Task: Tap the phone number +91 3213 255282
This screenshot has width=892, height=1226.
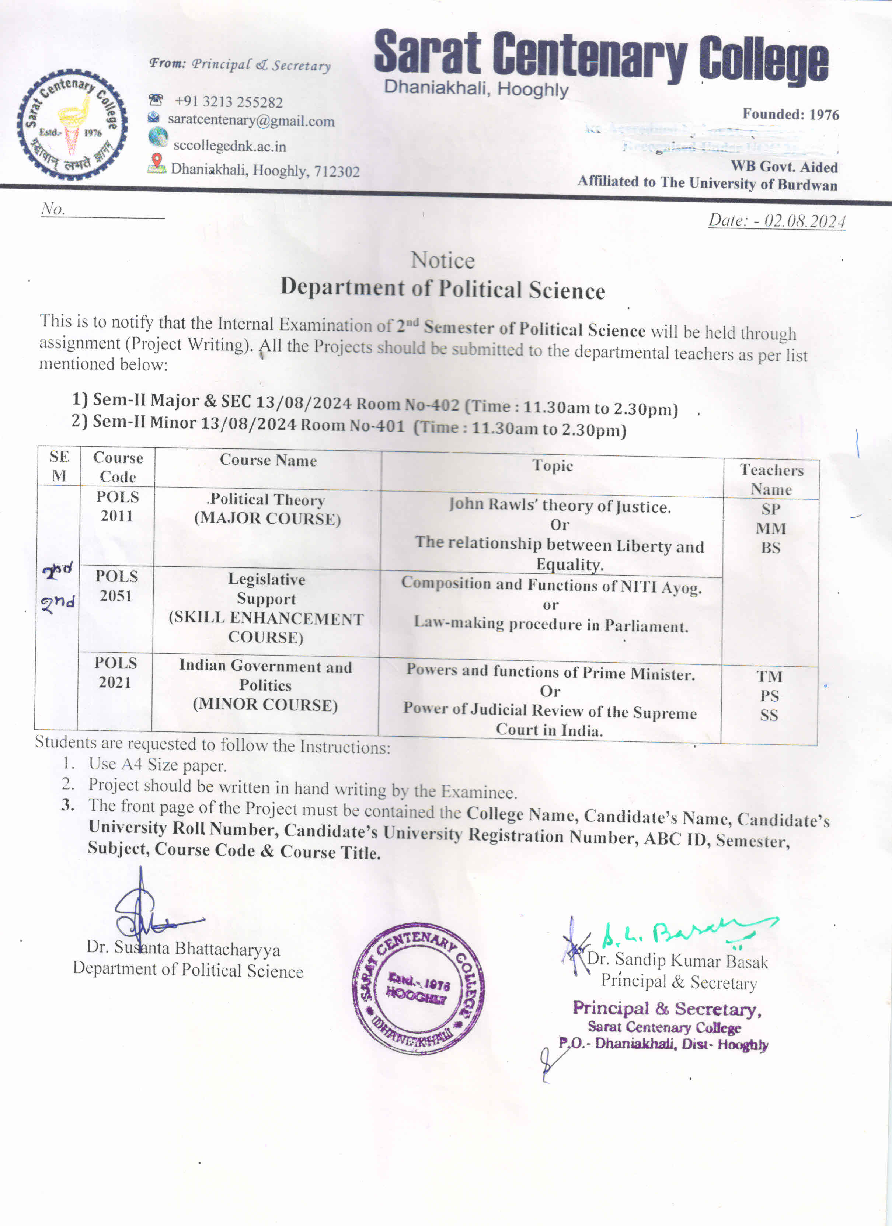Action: coord(228,102)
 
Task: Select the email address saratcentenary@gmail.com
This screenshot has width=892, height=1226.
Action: coord(251,120)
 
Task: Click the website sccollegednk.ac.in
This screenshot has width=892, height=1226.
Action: coord(229,146)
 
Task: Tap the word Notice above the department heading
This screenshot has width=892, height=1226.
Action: coord(443,261)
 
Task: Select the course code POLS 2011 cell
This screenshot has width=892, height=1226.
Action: coord(117,507)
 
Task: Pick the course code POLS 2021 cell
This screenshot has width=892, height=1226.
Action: coord(115,673)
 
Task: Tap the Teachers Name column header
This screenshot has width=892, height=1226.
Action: coord(771,479)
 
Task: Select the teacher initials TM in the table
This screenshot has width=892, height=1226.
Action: coord(769,676)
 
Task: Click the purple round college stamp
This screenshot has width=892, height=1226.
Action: coord(418,989)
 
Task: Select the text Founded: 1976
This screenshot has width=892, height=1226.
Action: coord(790,115)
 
